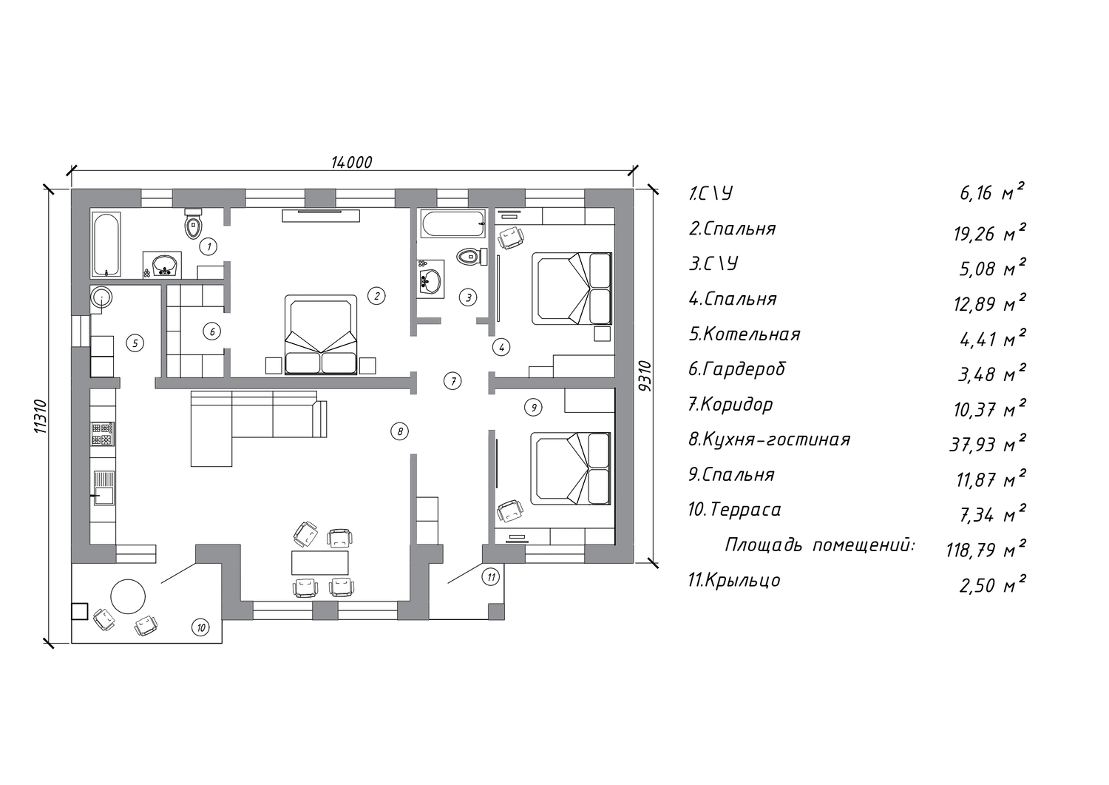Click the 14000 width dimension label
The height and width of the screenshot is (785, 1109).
pos(351,162)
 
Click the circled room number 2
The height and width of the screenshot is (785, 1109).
pos(376,296)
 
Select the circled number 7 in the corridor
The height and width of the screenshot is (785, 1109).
pos(452,380)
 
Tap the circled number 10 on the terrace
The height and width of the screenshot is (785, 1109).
pos(200,628)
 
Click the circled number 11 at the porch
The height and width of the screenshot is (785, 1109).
pos(491,577)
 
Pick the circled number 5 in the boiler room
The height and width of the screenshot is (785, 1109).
pos(135,343)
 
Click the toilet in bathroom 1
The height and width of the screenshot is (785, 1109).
pos(193,223)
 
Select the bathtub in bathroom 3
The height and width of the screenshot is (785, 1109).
pos(453,223)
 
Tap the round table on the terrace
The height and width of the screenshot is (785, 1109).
pos(128,596)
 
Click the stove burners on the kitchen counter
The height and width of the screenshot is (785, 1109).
pos(103,434)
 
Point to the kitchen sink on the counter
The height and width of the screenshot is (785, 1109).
pos(104,488)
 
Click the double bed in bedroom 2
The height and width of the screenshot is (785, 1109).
pos(321,334)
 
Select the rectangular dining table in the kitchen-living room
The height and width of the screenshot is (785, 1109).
pos(320,562)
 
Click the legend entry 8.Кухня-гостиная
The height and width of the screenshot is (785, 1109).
pos(770,439)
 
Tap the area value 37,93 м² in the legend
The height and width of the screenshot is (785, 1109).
pos(987,442)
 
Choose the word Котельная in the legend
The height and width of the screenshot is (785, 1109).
pos(752,334)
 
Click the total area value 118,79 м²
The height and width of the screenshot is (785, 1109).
pos(986,548)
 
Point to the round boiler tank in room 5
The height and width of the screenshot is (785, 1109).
pos(101,297)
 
